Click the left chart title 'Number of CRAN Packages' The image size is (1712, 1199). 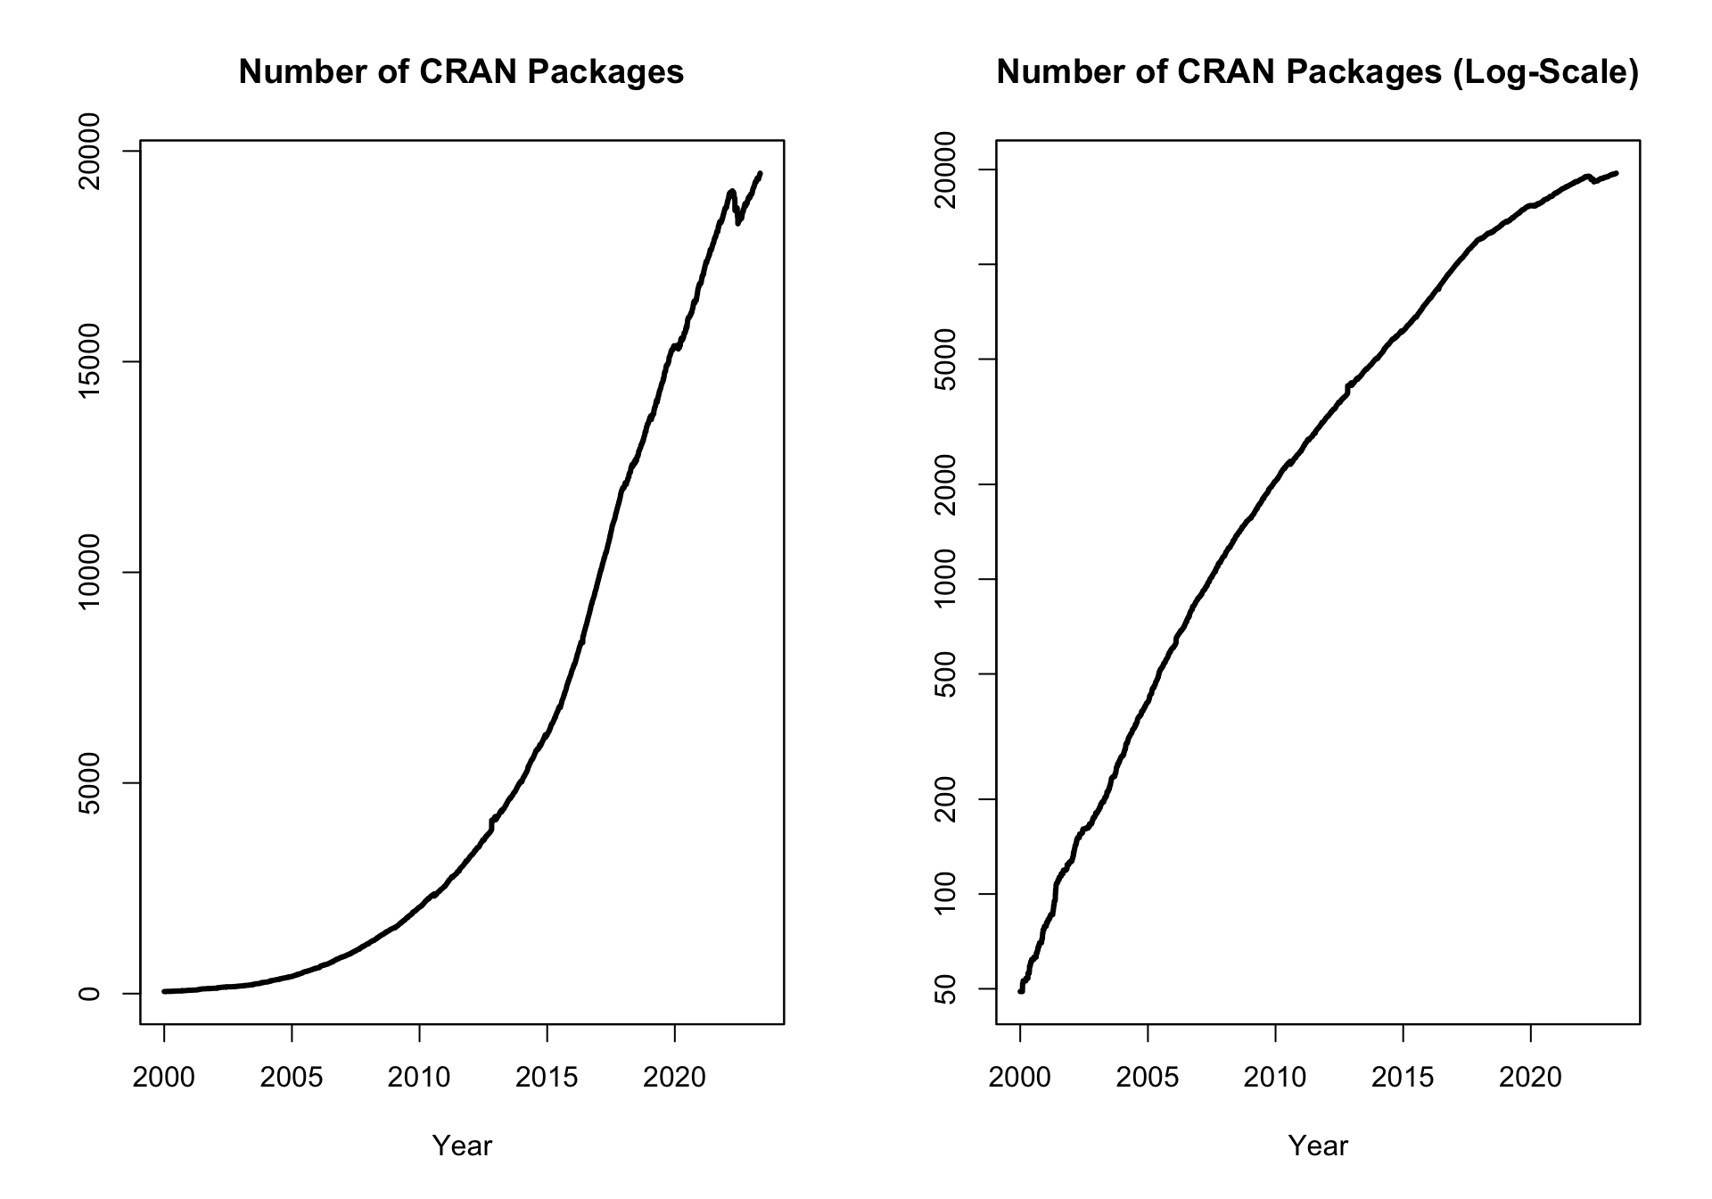(461, 72)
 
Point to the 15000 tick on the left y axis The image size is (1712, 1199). (89, 362)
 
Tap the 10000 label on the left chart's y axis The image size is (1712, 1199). (89, 573)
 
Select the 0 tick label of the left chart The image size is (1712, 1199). (89, 993)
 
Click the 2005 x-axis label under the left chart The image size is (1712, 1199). (292, 1078)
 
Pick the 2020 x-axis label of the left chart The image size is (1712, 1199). (674, 1078)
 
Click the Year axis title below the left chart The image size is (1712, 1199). (461, 1146)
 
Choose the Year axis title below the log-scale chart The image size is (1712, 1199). (1317, 1146)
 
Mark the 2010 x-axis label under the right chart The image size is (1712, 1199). (1275, 1078)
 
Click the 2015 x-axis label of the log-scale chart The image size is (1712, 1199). (1403, 1078)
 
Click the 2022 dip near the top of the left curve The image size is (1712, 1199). (738, 221)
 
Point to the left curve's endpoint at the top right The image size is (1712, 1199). (760, 174)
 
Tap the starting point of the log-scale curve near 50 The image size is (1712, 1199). (1021, 990)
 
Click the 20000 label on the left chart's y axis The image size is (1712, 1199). (89, 152)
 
